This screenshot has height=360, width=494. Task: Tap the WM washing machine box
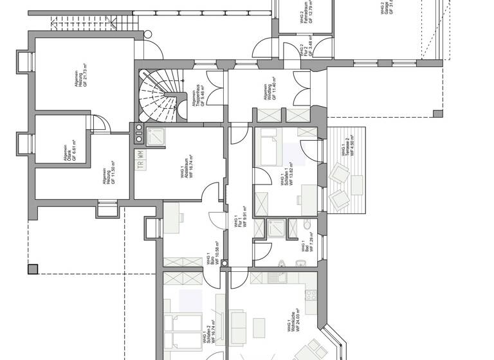tap(141, 154)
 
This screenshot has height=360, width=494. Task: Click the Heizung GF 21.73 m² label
tap(78, 84)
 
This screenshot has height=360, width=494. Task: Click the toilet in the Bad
tap(307, 224)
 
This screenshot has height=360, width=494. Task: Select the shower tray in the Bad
tap(277, 228)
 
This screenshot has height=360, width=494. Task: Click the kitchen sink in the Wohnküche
tap(279, 278)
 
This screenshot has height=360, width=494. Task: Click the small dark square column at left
tap(33, 269)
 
